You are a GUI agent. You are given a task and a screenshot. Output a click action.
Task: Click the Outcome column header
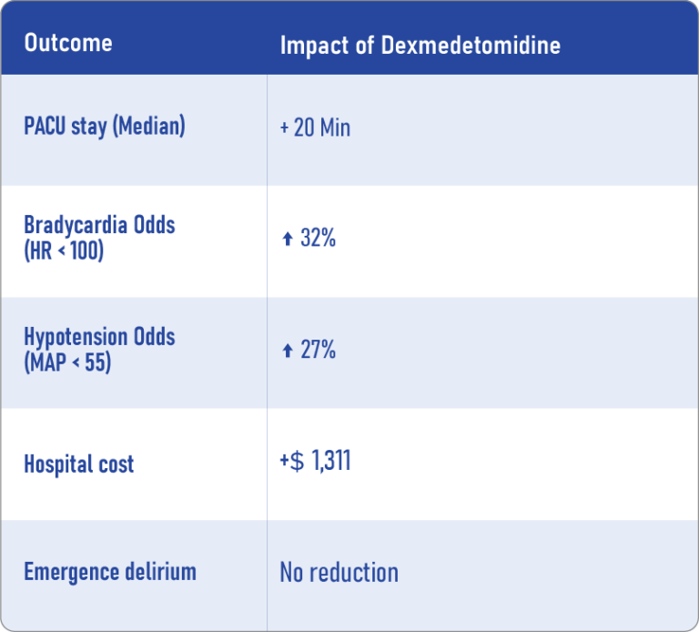68,43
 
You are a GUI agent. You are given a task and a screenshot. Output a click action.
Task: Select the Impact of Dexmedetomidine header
420,45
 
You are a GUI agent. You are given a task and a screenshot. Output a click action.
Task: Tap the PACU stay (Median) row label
104,126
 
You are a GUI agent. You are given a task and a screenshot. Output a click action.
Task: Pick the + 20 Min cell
315,127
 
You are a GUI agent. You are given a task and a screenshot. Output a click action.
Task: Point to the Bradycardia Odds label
99,225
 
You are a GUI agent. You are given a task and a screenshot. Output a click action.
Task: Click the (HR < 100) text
64,250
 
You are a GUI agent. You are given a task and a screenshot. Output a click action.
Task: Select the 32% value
318,239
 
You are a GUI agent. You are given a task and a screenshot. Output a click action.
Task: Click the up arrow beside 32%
287,240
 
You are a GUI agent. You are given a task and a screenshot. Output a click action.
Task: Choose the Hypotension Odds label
99,336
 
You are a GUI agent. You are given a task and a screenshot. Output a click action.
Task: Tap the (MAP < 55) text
67,361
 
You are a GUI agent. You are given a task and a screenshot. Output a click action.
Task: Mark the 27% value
318,350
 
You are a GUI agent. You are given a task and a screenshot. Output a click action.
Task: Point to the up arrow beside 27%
287,351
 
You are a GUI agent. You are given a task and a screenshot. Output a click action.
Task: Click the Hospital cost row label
78,464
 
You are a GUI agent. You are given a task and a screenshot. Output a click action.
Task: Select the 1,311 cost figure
331,461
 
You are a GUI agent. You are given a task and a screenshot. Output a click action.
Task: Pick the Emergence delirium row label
110,572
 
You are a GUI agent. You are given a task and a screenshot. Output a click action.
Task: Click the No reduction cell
339,573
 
